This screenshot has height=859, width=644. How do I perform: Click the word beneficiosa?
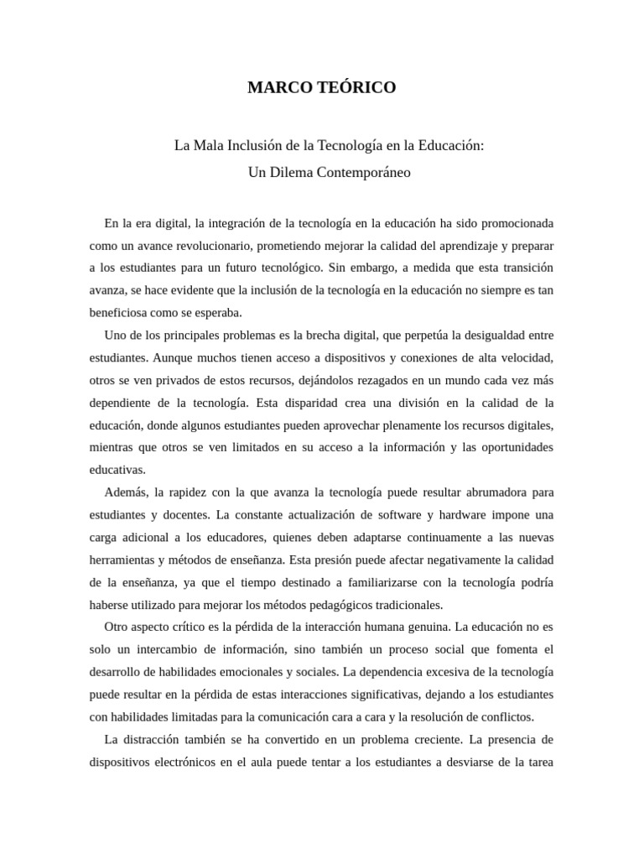click(x=119, y=312)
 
